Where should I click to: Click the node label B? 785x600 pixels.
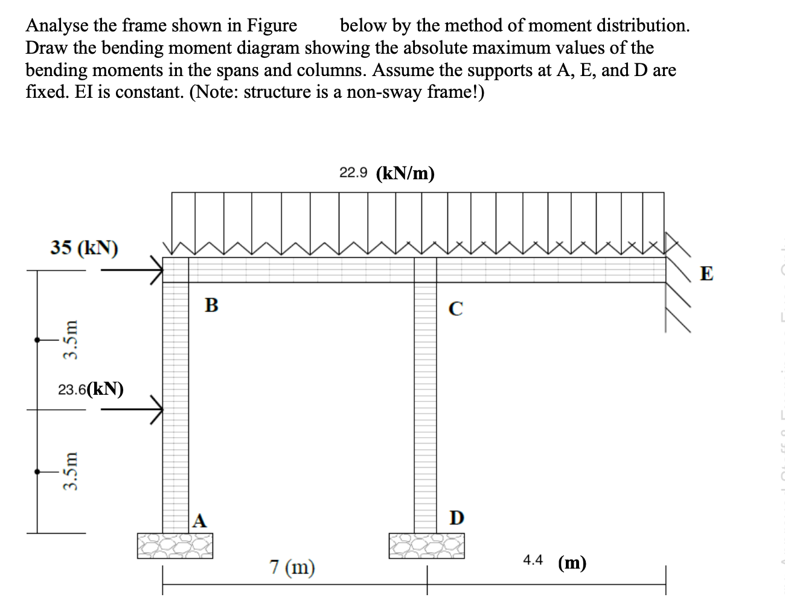pyautogui.click(x=211, y=304)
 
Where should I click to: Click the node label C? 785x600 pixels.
pyautogui.click(x=457, y=308)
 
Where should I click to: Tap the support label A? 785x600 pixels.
pyautogui.click(x=200, y=520)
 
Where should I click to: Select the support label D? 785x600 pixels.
pyautogui.click(x=457, y=518)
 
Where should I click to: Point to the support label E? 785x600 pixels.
pyautogui.click(x=706, y=273)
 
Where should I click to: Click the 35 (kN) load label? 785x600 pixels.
pyautogui.click(x=84, y=247)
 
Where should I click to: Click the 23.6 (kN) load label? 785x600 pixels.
pyautogui.click(x=91, y=389)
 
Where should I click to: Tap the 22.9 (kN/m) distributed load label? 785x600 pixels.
pyautogui.click(x=387, y=173)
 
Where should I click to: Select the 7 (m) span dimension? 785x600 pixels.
pyautogui.click(x=292, y=567)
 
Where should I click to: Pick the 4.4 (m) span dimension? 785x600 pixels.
pyautogui.click(x=554, y=562)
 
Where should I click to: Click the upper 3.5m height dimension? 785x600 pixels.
pyautogui.click(x=72, y=339)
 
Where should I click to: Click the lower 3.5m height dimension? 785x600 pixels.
pyautogui.click(x=72, y=471)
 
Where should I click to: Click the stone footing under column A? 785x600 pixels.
pyautogui.click(x=175, y=546)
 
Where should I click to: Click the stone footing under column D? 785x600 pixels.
pyautogui.click(x=427, y=546)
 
